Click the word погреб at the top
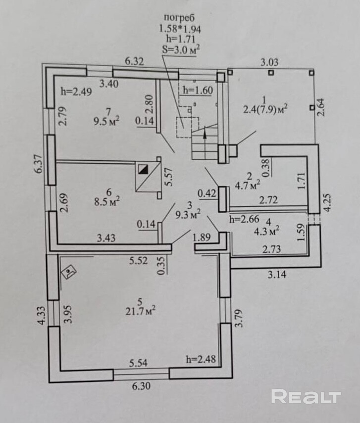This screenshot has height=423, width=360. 180,18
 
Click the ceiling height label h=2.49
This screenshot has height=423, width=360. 76,91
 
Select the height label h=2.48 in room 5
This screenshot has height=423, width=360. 202,359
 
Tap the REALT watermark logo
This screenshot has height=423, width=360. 306,396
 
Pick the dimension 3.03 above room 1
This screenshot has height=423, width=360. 270,62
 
